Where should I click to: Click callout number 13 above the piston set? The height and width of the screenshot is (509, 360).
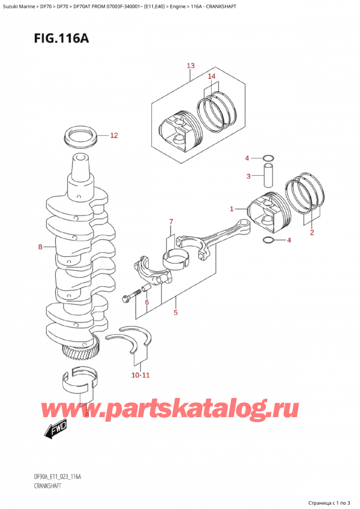click(x=190, y=65)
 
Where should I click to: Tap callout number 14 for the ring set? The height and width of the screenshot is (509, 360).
click(x=211, y=77)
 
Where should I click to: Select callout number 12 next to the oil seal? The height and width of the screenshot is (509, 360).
click(x=114, y=136)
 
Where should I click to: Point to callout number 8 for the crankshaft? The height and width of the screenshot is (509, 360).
click(x=40, y=246)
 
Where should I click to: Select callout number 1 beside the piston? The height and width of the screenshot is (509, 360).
click(x=232, y=209)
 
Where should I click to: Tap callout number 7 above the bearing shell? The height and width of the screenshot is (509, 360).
click(x=170, y=222)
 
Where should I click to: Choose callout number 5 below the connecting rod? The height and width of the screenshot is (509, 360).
click(x=175, y=312)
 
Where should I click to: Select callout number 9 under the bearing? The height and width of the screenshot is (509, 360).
click(x=86, y=414)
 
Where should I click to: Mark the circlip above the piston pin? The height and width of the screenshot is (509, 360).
click(x=269, y=159)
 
